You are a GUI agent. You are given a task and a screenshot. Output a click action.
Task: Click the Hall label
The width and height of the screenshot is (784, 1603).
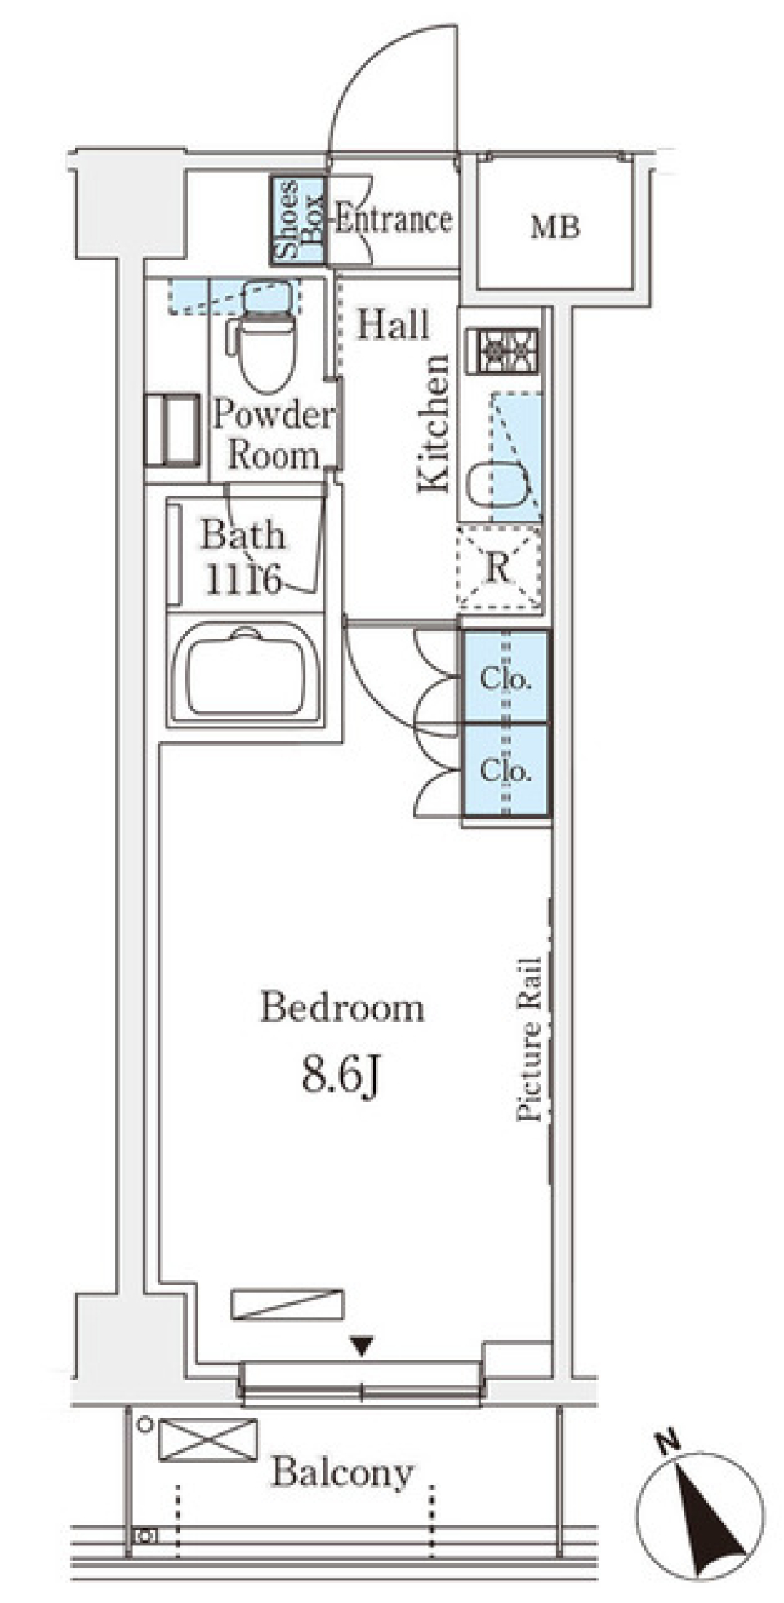point(393,325)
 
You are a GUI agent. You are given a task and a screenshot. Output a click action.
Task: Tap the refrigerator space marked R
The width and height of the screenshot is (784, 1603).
point(498,568)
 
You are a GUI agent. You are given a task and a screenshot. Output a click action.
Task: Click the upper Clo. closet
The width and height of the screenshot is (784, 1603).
point(506,677)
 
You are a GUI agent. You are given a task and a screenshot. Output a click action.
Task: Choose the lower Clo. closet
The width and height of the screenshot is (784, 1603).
point(506,769)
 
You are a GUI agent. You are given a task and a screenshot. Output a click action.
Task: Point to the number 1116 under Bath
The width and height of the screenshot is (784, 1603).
point(243,579)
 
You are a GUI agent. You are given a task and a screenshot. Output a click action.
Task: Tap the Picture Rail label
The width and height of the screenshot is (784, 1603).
point(529,1039)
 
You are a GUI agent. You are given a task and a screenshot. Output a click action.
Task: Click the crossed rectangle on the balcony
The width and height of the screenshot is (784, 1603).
point(207,1440)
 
